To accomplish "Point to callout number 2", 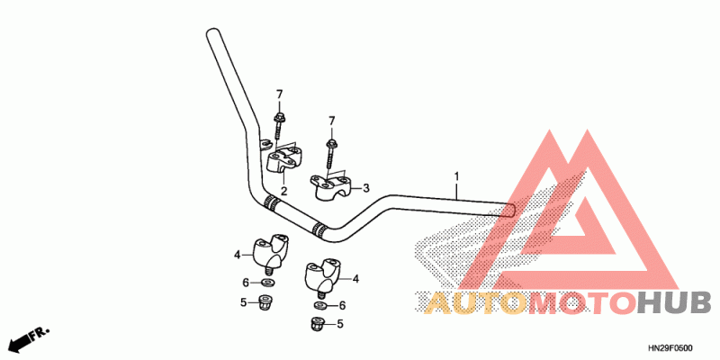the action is click(x=283, y=192).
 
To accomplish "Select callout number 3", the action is click(x=366, y=189).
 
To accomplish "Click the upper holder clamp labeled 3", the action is click(x=332, y=186).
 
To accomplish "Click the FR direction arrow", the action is click(x=27, y=338).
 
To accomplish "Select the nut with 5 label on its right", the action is click(x=317, y=323).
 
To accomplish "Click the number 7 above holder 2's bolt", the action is click(x=279, y=94).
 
